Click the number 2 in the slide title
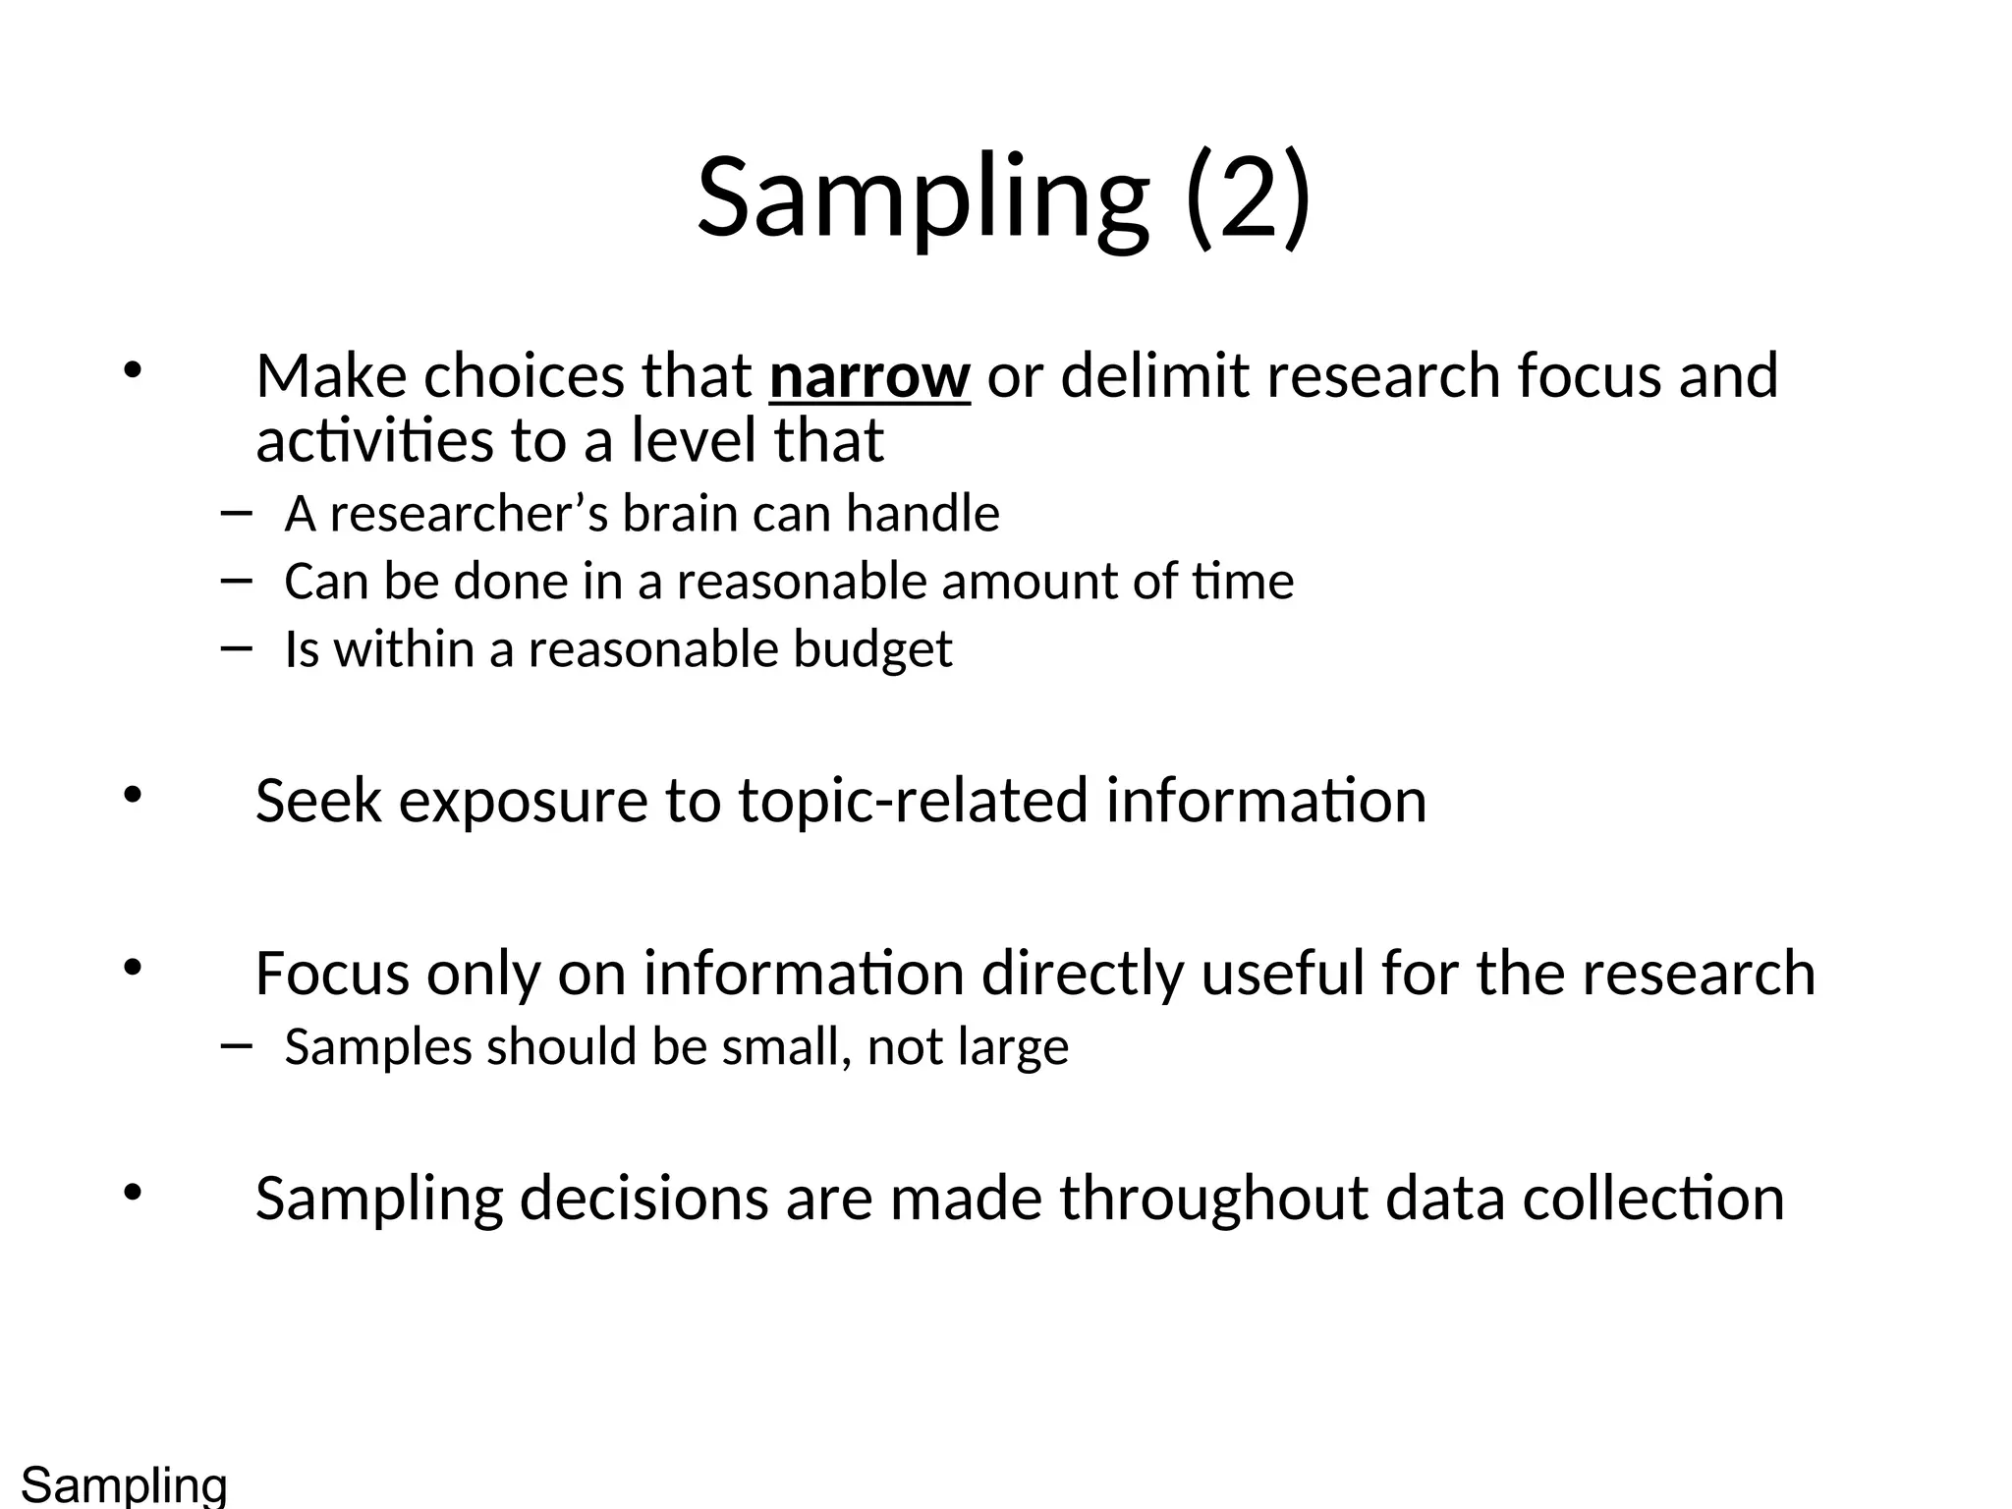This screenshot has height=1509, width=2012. coord(1247,199)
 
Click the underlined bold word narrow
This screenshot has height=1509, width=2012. coord(869,376)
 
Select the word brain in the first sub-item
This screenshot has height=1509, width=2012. coord(679,514)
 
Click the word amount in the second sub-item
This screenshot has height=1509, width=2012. coord(1028,582)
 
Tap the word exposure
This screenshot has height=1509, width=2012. coord(523,801)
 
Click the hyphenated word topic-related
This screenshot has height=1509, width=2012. coord(913,801)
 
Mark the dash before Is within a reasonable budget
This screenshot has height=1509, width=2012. coord(237,647)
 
